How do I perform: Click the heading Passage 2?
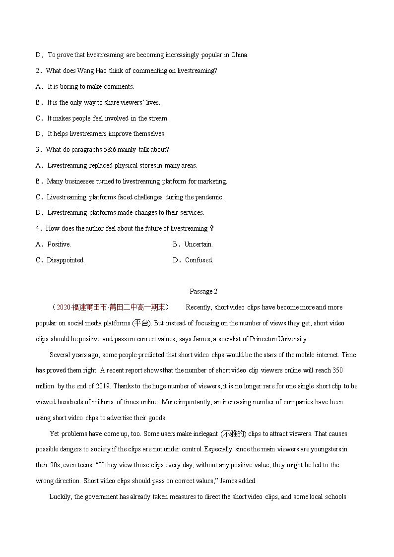[203, 291]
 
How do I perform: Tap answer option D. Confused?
[193, 260]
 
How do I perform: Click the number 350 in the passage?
[337, 371]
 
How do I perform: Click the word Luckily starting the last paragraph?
[61, 496]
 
